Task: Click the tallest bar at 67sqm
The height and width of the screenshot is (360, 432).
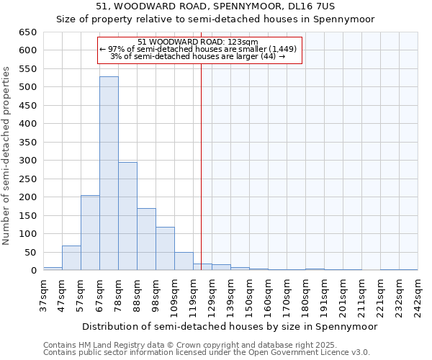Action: point(109,174)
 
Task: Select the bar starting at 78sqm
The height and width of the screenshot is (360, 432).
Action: point(127,216)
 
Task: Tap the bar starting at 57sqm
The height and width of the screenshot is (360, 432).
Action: point(90,233)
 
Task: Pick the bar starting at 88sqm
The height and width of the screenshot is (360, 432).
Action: point(146,239)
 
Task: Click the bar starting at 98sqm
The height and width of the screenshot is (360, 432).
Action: point(165,248)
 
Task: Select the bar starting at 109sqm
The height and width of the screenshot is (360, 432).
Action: point(184,261)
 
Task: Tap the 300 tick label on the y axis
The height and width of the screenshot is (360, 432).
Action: point(27,161)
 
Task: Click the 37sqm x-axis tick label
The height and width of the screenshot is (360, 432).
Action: point(43,295)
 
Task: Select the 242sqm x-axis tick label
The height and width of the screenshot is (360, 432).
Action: point(418,295)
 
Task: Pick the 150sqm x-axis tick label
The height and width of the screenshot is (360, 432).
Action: point(249,295)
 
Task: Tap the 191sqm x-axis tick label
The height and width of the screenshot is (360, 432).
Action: point(324,295)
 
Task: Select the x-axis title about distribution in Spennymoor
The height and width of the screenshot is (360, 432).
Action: point(230,326)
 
